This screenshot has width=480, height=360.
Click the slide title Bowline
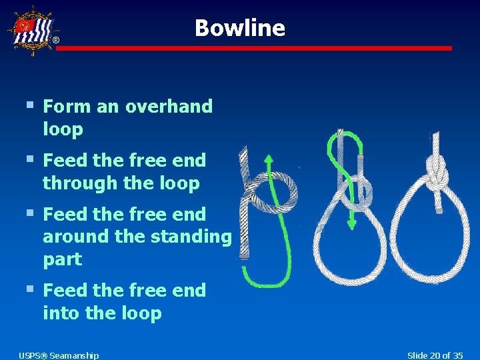click(x=239, y=28)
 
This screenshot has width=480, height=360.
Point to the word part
click(x=62, y=259)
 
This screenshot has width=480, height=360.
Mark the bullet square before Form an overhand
click(x=29, y=105)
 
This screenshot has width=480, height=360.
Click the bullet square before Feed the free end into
click(x=29, y=289)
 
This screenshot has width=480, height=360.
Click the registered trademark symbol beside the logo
click(x=56, y=41)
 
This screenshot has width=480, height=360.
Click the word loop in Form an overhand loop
click(x=63, y=129)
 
